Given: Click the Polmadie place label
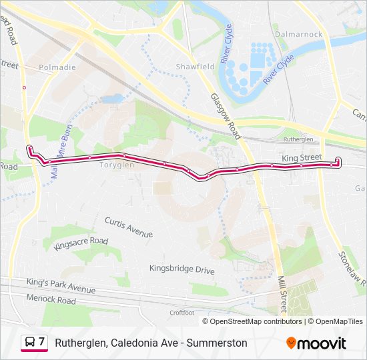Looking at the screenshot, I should point(57,67).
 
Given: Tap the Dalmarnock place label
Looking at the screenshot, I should point(298,34).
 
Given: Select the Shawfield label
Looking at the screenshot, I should point(195,67).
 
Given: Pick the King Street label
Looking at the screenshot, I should point(302,158).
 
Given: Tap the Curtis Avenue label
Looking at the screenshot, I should point(129,227).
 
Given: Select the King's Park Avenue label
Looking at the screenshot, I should point(61,286).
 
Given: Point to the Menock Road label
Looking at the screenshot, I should point(51,301).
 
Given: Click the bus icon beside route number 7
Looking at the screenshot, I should point(30,343).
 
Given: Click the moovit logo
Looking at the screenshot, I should point(316,343).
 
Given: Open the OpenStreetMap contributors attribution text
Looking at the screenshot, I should point(256,321).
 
